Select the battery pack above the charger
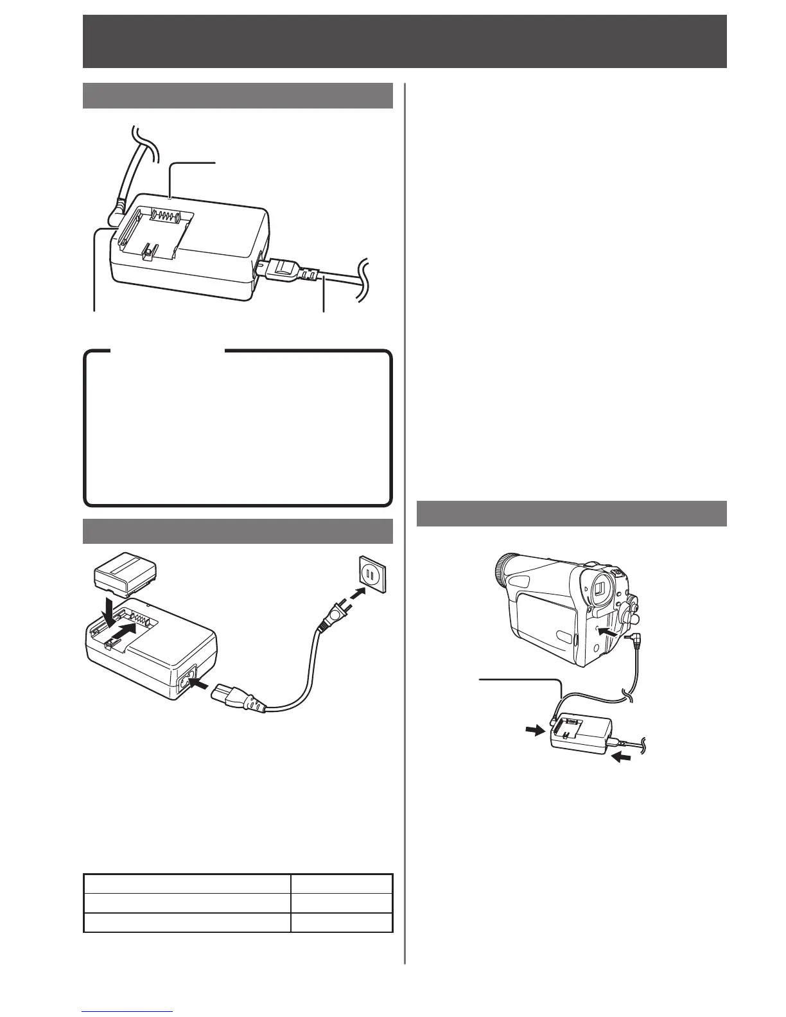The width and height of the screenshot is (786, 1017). click(126, 577)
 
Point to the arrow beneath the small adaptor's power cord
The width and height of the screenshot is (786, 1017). click(622, 758)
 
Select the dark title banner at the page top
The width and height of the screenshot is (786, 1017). click(405, 41)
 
